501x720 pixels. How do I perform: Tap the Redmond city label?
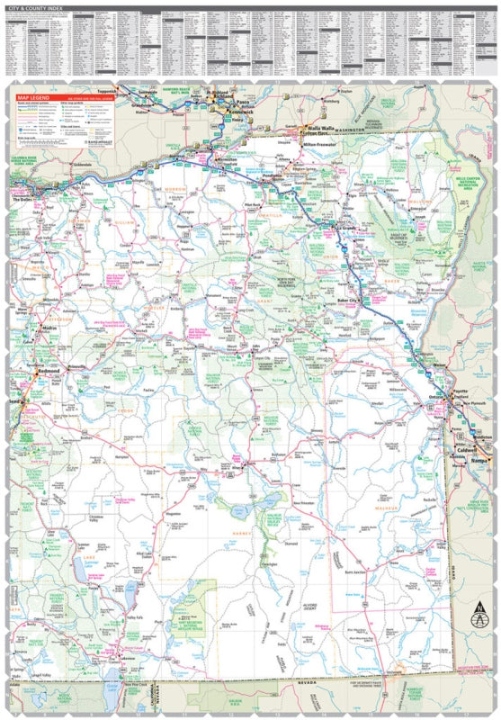click(x=48, y=370)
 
